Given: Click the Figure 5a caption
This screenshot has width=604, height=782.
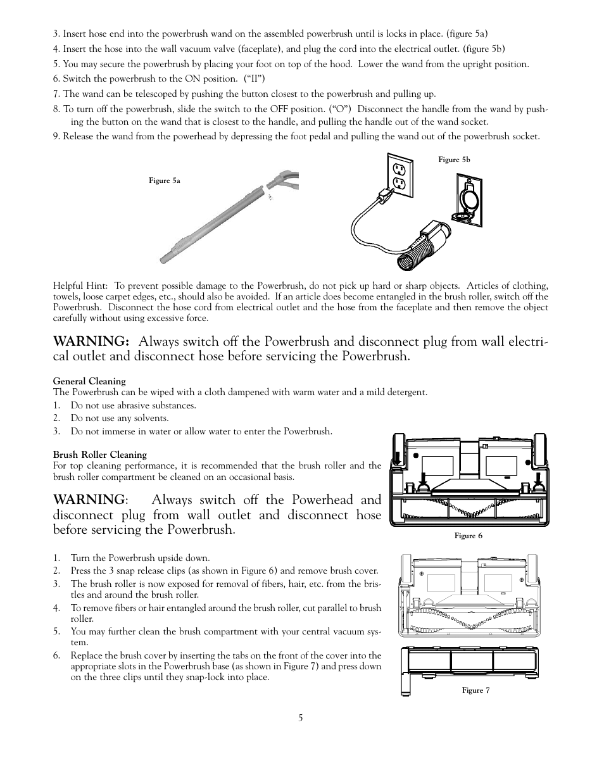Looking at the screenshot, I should coord(165,180).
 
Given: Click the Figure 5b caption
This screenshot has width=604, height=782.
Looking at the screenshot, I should coord(454,160).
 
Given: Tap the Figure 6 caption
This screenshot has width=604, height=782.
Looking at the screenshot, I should coord(468,536).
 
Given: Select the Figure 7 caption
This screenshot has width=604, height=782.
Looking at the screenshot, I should coord(475,690).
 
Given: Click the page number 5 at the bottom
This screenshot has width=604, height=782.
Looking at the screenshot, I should coord(301,717).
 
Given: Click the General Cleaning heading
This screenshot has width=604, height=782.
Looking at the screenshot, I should coord(89,381).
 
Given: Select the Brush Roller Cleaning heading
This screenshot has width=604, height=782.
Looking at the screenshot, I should coord(99,455).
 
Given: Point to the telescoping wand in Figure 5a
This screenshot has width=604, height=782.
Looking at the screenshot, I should coord(215,222).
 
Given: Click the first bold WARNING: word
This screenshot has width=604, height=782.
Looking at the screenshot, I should coord(91,341).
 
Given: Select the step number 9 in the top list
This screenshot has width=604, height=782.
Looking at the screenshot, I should coord(56,136).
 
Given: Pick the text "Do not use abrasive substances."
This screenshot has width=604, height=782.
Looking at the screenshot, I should coord(133,405).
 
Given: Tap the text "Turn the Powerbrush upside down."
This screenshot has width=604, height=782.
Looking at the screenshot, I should coord(140,558).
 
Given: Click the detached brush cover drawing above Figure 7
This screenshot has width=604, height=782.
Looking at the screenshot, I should coord(470,662).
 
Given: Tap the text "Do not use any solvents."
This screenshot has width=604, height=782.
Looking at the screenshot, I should coord(120,418).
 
